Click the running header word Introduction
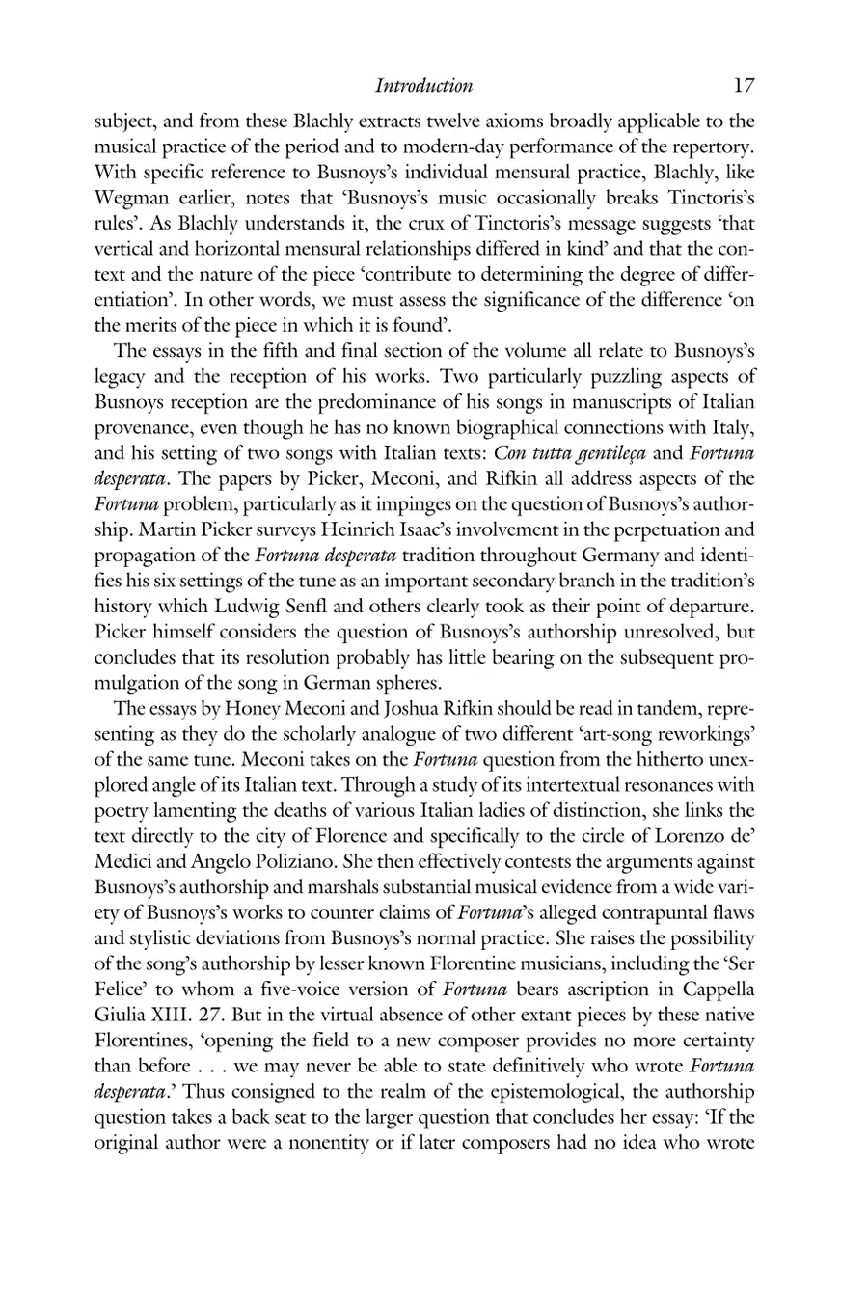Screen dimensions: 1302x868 tap(423, 86)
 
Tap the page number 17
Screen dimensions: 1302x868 tap(743, 85)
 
